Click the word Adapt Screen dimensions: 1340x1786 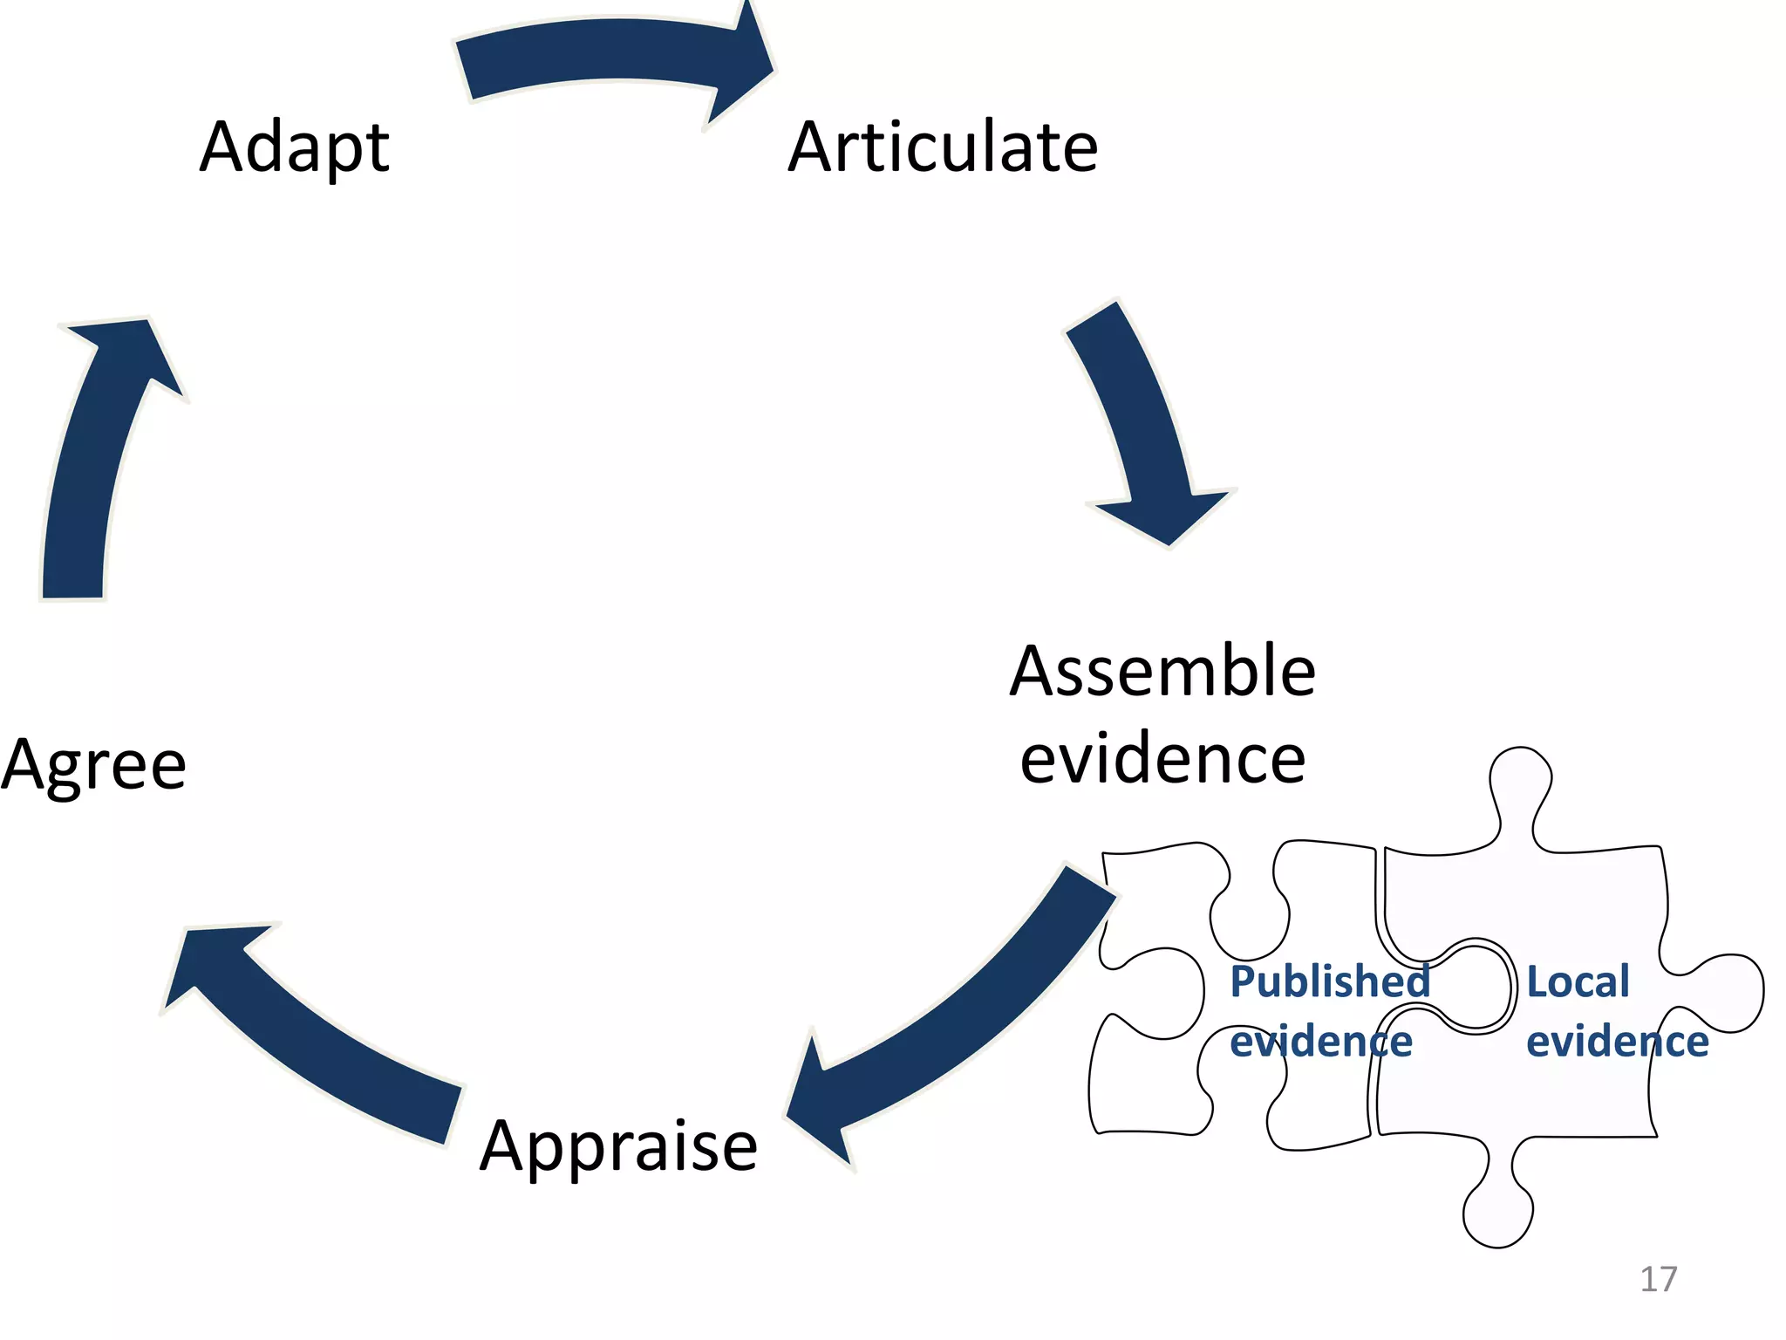pos(294,148)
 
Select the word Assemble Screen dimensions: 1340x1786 pos(1162,671)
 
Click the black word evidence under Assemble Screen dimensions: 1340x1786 pos(1162,759)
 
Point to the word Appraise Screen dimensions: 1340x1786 pos(618,1145)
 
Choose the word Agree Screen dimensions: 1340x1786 pos(93,765)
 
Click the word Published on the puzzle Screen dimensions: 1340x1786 pos(1329,981)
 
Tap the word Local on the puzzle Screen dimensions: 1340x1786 pos(1577,981)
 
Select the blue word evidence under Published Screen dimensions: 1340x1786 pos(1320,1042)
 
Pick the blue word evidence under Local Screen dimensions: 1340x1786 pos(1617,1042)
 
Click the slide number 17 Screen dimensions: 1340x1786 pos(1658,1279)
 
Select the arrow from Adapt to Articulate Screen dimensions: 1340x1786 pos(602,52)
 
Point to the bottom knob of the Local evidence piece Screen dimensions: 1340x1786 pos(1497,1213)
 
